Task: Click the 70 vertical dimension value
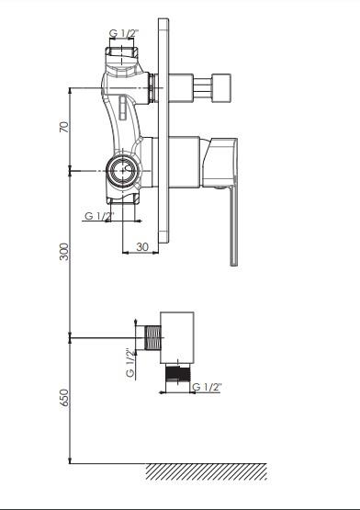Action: (64, 127)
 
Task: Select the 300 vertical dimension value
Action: (64, 252)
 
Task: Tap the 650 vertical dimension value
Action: (64, 398)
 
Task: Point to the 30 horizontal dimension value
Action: (142, 247)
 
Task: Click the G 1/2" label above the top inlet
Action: (124, 33)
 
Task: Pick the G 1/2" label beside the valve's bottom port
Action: (99, 216)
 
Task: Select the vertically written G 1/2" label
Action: (130, 363)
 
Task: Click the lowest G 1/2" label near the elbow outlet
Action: (207, 387)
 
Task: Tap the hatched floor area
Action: (207, 471)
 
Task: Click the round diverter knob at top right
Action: (221, 88)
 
